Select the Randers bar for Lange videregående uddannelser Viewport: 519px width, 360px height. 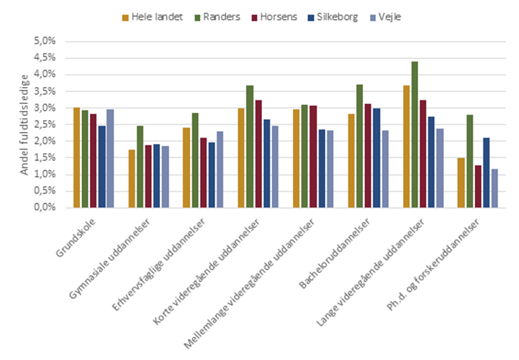coord(414,135)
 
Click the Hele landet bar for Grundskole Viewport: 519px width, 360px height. coord(77,158)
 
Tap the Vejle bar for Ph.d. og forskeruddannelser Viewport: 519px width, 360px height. coord(494,188)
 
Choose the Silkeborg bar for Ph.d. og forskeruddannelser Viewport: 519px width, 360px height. coord(485,173)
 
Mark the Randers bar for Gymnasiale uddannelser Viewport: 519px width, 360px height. coord(140,167)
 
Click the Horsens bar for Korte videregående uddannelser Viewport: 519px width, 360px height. coord(257,154)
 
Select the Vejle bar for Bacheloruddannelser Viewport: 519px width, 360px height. coord(384,169)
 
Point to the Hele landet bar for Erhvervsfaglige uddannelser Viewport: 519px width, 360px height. coord(186,168)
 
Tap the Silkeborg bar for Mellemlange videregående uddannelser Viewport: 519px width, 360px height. coord(321,168)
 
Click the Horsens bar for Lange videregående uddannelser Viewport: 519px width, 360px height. coord(423,154)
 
